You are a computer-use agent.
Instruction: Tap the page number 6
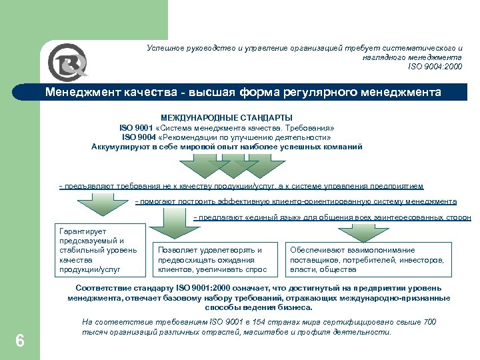[20, 341]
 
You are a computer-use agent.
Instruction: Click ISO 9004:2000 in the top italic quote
[435, 67]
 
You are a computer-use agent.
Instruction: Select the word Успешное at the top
[166, 49]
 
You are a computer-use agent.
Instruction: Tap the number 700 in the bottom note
[429, 323]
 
